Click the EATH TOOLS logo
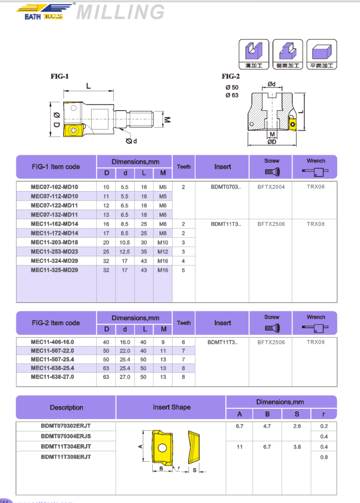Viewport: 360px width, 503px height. (43, 12)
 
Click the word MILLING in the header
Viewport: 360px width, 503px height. (120, 12)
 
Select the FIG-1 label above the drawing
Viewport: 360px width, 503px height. (59, 76)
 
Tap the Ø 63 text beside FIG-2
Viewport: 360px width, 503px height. (232, 95)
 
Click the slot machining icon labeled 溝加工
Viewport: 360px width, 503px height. (253, 54)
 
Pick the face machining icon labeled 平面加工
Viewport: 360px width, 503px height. (322, 54)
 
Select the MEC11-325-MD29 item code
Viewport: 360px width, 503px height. (54, 270)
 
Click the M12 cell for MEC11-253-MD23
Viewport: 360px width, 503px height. (163, 251)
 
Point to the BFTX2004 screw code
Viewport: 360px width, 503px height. (271, 187)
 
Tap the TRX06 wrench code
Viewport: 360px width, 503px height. (316, 187)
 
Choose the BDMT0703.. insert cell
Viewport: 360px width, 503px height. (226, 187)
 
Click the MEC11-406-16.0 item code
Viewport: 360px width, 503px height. (52, 342)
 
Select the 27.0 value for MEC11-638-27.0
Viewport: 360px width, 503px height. (125, 377)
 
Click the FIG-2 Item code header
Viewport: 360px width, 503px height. (56, 323)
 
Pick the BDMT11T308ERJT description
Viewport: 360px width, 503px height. (66, 456)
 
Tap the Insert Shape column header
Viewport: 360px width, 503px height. (172, 407)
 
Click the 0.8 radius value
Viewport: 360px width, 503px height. (324, 457)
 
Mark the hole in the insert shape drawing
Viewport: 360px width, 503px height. (163, 447)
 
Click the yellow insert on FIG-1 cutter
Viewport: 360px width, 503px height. (73, 131)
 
